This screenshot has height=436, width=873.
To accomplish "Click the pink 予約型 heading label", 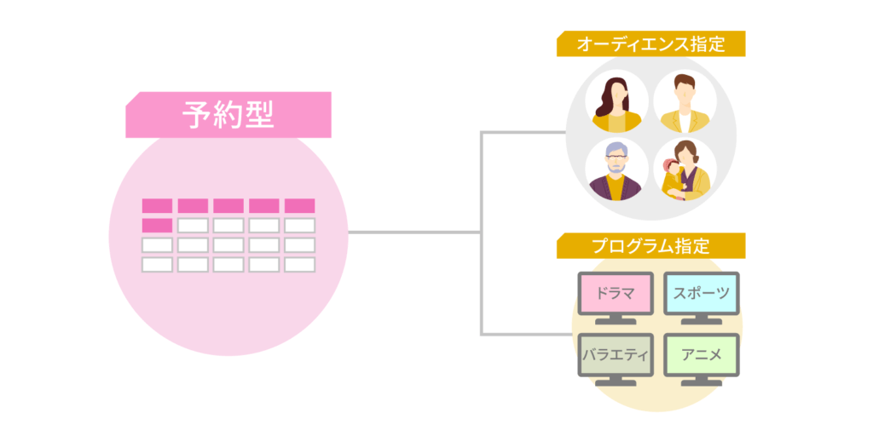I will (x=228, y=115).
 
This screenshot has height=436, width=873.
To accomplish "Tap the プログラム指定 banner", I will (x=650, y=247).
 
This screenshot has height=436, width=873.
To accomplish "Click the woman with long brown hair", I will (x=616, y=101).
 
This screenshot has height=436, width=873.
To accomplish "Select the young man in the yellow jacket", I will (x=685, y=101).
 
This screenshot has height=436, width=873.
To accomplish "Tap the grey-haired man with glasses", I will (x=616, y=169).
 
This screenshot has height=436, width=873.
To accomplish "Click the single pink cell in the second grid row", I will (x=157, y=226).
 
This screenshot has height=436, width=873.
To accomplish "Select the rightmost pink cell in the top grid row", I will (x=299, y=206).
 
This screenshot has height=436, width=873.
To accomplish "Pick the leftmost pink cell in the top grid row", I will (x=157, y=206).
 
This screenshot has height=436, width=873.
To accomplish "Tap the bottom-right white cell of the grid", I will (x=299, y=265).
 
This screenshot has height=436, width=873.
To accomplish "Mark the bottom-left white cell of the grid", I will (x=157, y=265).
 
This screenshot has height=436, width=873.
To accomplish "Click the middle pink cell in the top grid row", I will (x=228, y=206).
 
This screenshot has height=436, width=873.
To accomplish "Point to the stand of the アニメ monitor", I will (x=701, y=382).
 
